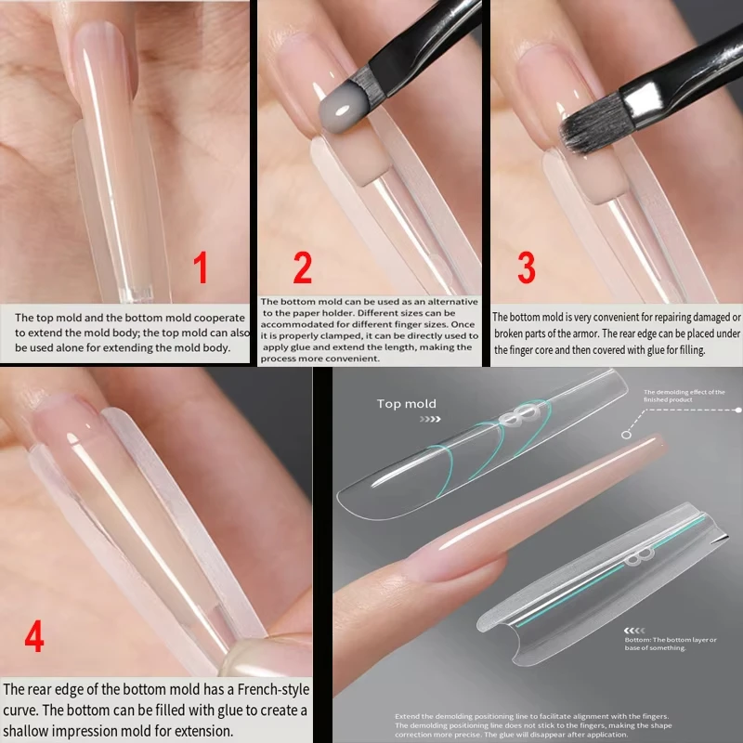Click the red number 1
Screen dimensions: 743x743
pos(201,268)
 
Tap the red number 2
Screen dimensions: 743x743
pos(303,267)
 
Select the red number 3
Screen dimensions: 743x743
pos(526,267)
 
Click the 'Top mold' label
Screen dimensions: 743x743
pos(406,404)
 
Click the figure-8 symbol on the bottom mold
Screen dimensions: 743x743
pos(636,558)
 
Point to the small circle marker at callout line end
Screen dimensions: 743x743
pos(628,433)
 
